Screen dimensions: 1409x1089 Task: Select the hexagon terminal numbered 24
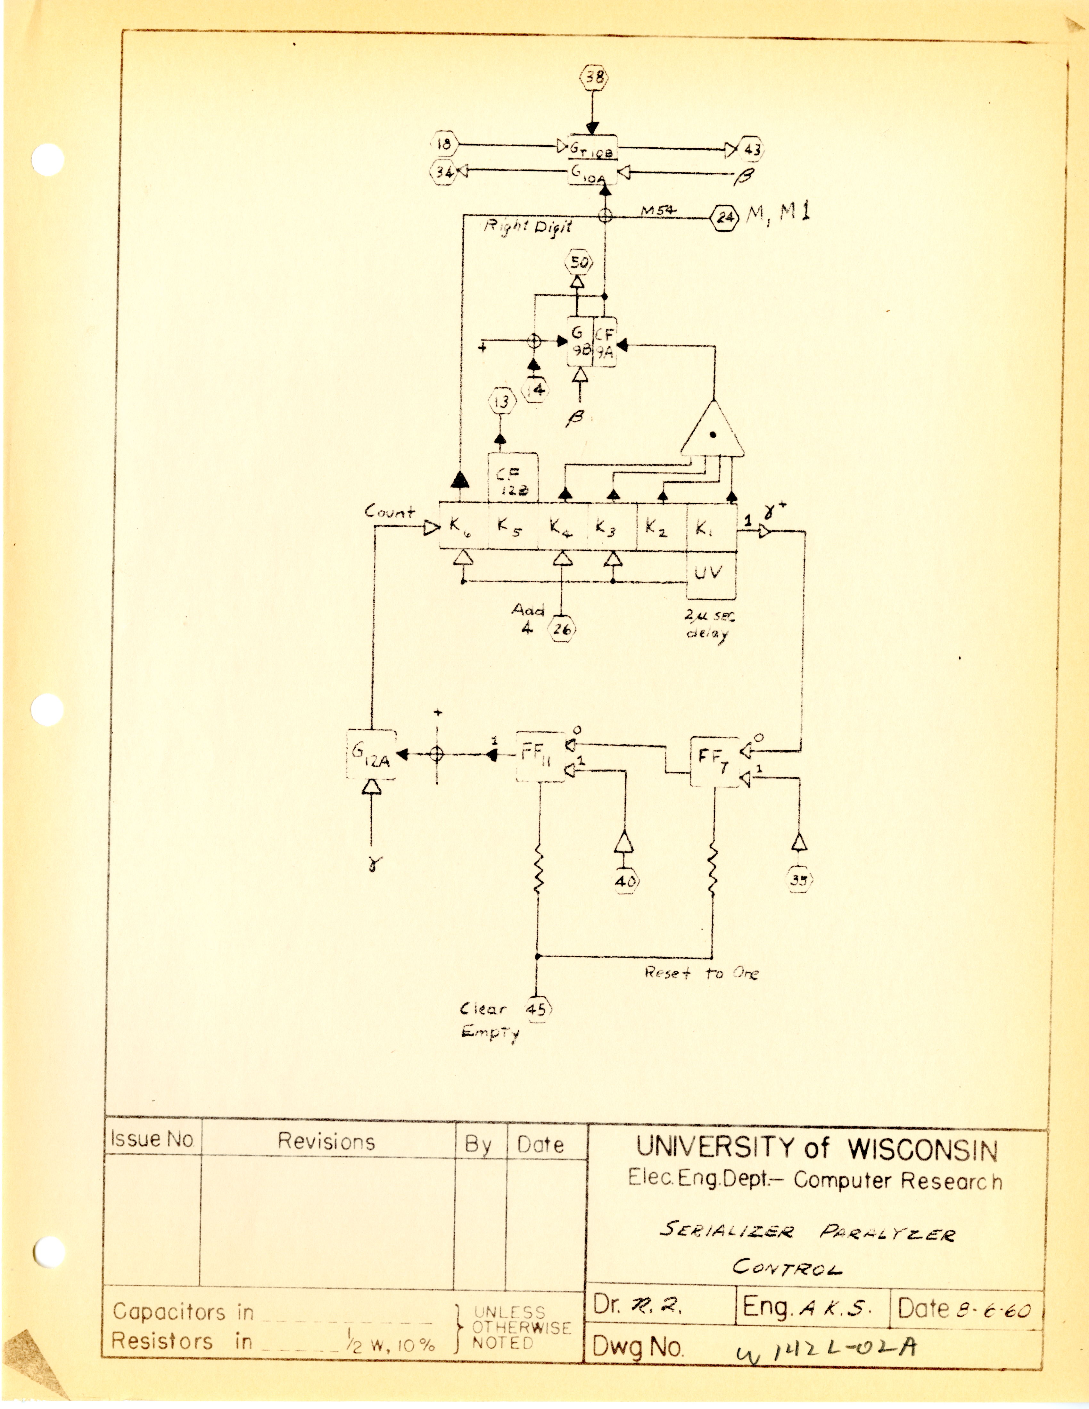pos(725,218)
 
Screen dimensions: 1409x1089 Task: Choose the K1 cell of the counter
pos(710,528)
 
